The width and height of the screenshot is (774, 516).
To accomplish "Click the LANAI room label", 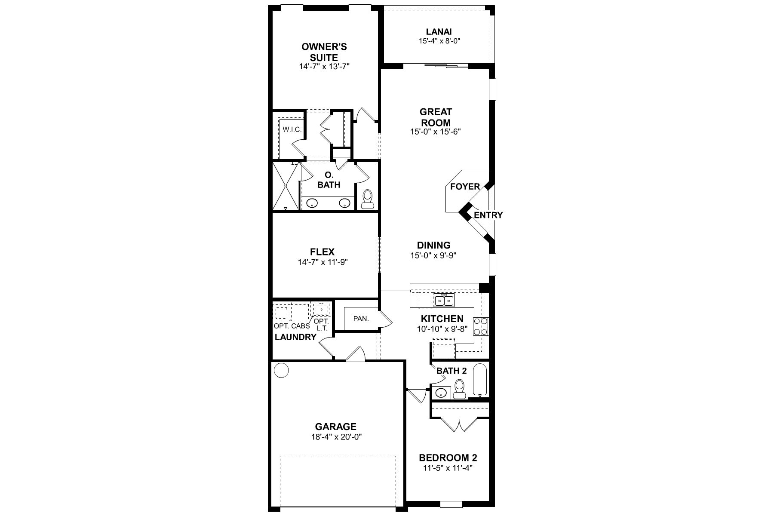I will [x=439, y=31].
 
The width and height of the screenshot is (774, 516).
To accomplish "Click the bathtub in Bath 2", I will [x=480, y=380].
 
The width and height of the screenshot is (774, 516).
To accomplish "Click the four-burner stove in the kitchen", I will [x=481, y=326].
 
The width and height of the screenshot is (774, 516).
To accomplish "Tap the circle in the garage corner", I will [x=281, y=370].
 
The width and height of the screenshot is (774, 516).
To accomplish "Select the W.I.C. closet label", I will [x=292, y=129].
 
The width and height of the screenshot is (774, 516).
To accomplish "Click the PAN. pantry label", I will [x=361, y=319].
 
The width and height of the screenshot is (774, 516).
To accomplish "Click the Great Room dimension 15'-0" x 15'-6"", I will [x=435, y=132].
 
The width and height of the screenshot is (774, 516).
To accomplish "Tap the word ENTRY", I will [x=488, y=215].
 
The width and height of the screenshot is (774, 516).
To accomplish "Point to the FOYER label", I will [x=465, y=187].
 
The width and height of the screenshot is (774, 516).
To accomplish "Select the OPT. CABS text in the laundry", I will [x=292, y=326].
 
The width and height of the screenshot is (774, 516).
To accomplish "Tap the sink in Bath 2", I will [x=441, y=392].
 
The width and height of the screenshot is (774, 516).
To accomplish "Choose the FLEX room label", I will [x=322, y=252].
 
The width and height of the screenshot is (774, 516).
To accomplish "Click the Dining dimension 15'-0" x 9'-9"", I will [x=433, y=255].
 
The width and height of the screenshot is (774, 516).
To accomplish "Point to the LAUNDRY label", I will [x=295, y=337].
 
